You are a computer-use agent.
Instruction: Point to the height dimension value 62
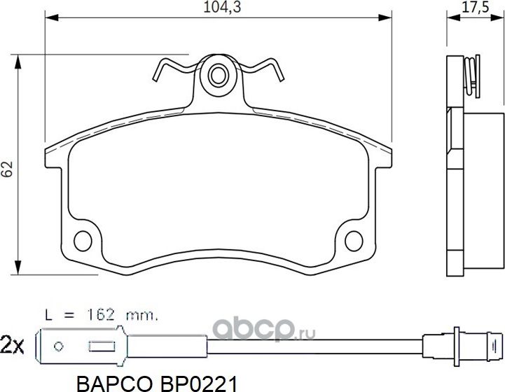[8, 169]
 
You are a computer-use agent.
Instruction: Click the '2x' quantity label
[13, 344]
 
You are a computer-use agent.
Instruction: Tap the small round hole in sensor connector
[60, 345]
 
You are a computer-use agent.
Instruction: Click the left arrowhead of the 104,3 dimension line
[49, 16]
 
